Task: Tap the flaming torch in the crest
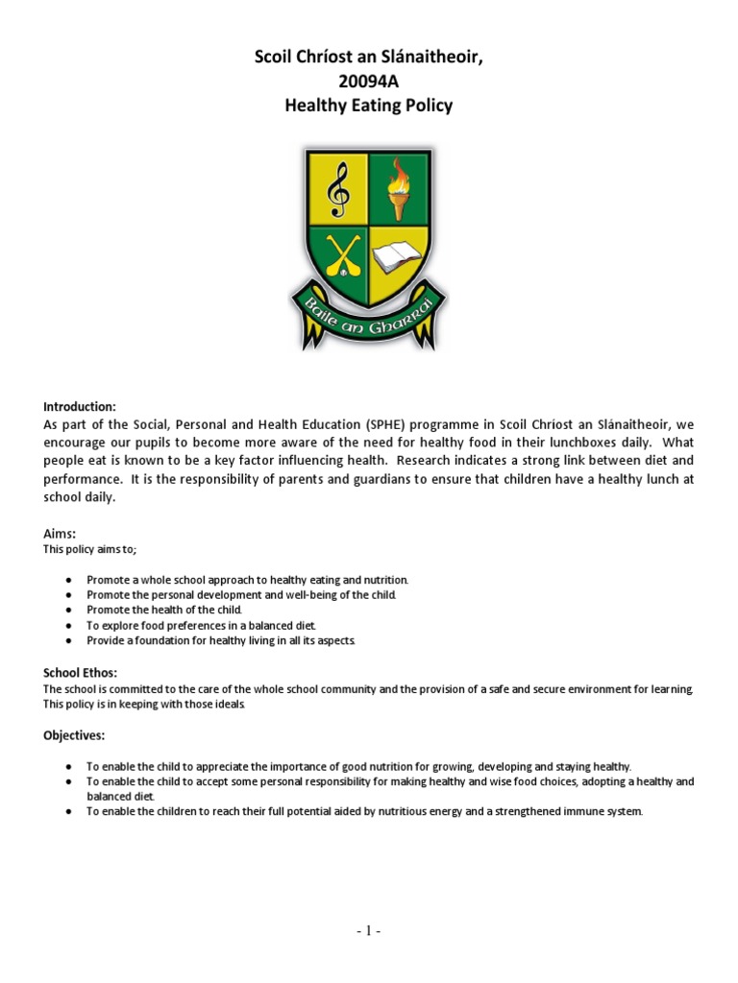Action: [x=399, y=188]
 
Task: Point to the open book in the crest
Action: [x=400, y=257]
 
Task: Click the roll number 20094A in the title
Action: [x=368, y=83]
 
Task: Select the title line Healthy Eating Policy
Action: [x=368, y=106]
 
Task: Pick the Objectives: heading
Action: [x=75, y=735]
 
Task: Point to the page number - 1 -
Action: [x=368, y=930]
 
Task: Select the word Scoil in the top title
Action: [x=275, y=60]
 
